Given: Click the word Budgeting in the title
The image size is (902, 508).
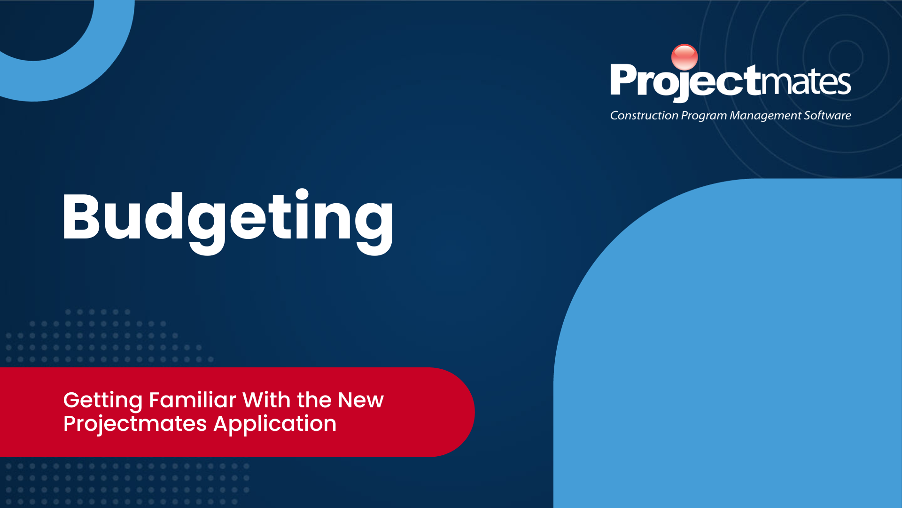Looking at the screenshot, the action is pos(228,221).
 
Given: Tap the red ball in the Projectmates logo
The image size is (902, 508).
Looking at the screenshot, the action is pos(684,57).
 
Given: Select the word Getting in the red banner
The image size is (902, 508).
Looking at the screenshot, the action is pos(103,401).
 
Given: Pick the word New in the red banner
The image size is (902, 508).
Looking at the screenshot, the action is pos(361,400).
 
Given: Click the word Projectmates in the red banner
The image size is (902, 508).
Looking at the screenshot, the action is pos(135,424).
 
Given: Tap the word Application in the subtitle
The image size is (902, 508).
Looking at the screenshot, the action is pos(275,424).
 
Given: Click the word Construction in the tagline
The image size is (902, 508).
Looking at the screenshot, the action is pos(644,115).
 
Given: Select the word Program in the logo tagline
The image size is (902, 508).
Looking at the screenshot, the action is pos(704,116).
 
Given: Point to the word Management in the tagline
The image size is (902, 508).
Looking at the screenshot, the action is pos(765,116).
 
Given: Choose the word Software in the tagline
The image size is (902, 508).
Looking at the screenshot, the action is pos(827,115).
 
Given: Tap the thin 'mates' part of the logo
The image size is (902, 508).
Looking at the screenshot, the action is pos(806,81).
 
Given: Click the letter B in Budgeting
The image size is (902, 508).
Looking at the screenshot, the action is pos(81,217).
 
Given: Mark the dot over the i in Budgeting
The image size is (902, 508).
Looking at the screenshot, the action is pos(302,194).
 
